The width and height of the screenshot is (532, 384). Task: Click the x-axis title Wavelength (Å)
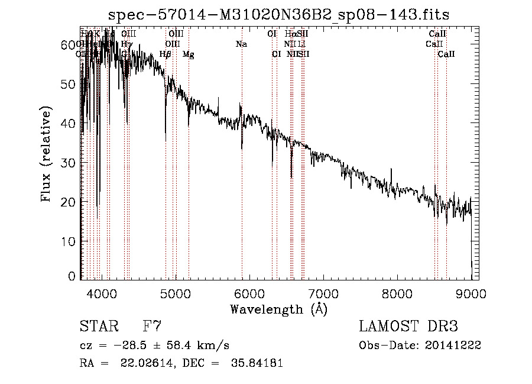click(278, 309)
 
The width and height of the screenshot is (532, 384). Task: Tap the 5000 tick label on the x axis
click(176, 293)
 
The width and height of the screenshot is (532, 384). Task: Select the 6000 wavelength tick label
click(249, 293)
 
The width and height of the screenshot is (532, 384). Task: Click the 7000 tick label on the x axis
click(323, 293)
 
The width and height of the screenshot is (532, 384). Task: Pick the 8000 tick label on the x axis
click(397, 293)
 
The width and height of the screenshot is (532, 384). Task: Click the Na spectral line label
click(241, 44)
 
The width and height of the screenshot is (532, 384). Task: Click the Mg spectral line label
click(189, 54)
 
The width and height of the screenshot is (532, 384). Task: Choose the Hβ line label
click(166, 54)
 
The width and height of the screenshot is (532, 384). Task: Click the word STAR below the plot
click(99, 327)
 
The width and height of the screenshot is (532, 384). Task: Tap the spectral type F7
click(153, 327)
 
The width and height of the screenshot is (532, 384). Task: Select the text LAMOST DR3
click(408, 327)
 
